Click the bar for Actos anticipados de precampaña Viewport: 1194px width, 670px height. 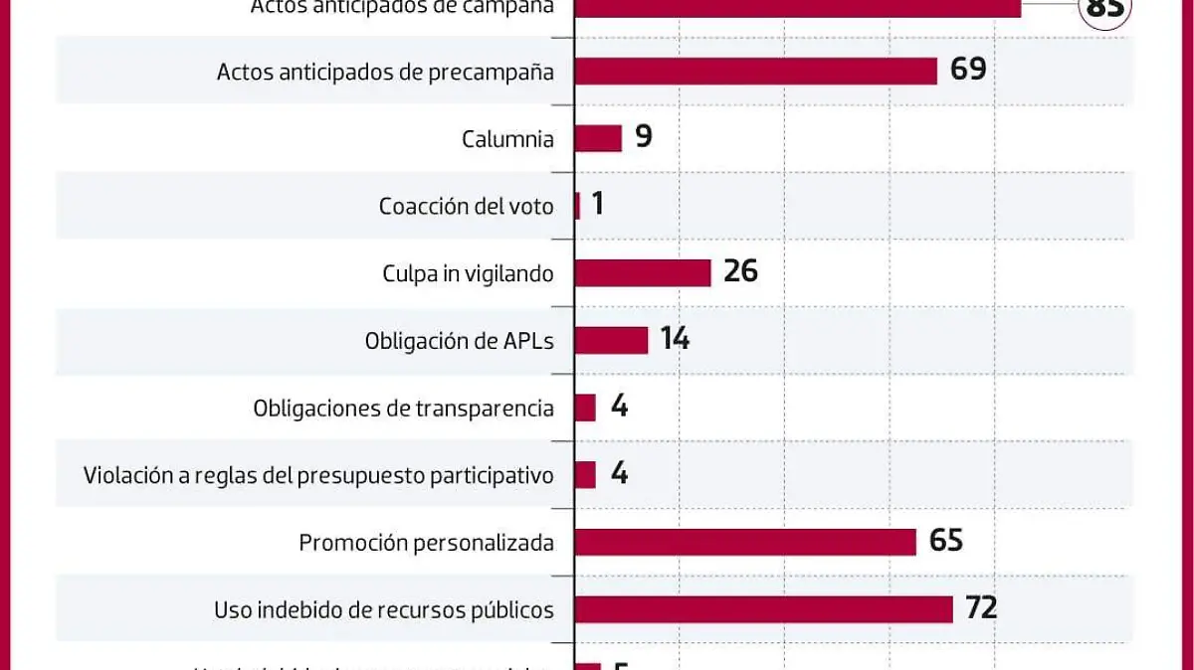[756, 71]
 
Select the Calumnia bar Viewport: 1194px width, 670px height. [598, 138]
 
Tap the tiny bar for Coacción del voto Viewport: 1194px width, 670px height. [577, 206]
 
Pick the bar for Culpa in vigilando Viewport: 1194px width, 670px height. [643, 272]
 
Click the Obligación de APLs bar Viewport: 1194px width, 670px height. [611, 340]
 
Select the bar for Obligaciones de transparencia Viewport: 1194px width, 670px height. [585, 408]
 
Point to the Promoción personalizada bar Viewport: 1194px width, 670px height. [745, 542]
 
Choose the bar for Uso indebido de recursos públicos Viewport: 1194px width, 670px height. [764, 608]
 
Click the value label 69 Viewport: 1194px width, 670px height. [968, 70]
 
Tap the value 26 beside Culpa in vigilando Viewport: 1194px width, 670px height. [741, 270]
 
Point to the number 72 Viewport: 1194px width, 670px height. [981, 607]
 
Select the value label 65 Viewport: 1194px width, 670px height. [946, 540]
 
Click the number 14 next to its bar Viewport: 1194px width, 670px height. [675, 339]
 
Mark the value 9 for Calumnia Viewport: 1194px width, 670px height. [644, 136]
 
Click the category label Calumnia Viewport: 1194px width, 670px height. [507, 139]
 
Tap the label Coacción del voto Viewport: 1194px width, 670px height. [466, 207]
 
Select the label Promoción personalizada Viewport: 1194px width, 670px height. [426, 543]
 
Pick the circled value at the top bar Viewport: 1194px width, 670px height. [1105, 10]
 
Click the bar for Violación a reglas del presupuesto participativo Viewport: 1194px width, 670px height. [585, 474]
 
